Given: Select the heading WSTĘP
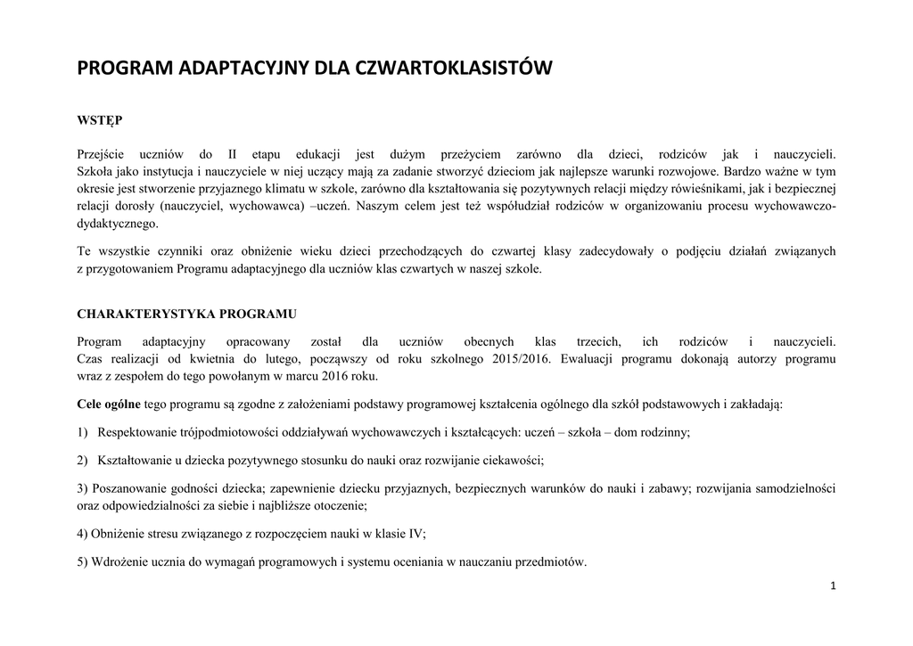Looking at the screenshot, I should [100, 120].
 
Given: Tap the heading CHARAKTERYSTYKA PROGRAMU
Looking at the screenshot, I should [187, 315].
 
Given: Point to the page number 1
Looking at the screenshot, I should [833, 585].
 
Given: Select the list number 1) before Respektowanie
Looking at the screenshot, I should [83, 432].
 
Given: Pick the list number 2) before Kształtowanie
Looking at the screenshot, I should [83, 461].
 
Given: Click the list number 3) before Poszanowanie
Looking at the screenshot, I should [83, 488].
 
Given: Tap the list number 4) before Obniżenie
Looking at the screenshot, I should [83, 534].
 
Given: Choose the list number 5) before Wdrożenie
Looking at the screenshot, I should [83, 562].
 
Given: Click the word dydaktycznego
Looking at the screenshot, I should [119, 224].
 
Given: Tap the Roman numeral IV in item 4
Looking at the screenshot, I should [415, 534].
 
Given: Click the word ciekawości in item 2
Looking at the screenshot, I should [511, 461].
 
